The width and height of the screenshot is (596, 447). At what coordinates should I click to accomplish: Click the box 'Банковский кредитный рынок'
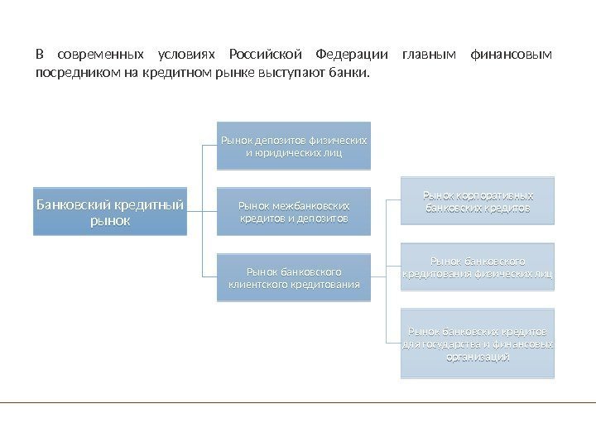click(110, 213)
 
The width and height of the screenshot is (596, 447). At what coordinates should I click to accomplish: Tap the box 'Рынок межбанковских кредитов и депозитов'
click(294, 211)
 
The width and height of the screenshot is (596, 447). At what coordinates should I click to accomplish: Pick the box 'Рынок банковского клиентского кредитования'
click(294, 277)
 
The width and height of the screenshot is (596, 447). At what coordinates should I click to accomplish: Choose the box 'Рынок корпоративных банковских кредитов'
click(478, 202)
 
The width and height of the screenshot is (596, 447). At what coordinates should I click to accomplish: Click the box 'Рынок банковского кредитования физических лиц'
click(478, 267)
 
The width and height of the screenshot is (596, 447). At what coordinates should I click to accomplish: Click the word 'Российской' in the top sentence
click(260, 55)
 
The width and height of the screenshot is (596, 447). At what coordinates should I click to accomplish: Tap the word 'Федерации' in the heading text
click(347, 55)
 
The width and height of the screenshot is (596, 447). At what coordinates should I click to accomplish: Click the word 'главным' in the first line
click(428, 55)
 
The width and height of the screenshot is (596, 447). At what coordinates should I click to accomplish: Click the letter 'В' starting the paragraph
click(39, 55)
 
